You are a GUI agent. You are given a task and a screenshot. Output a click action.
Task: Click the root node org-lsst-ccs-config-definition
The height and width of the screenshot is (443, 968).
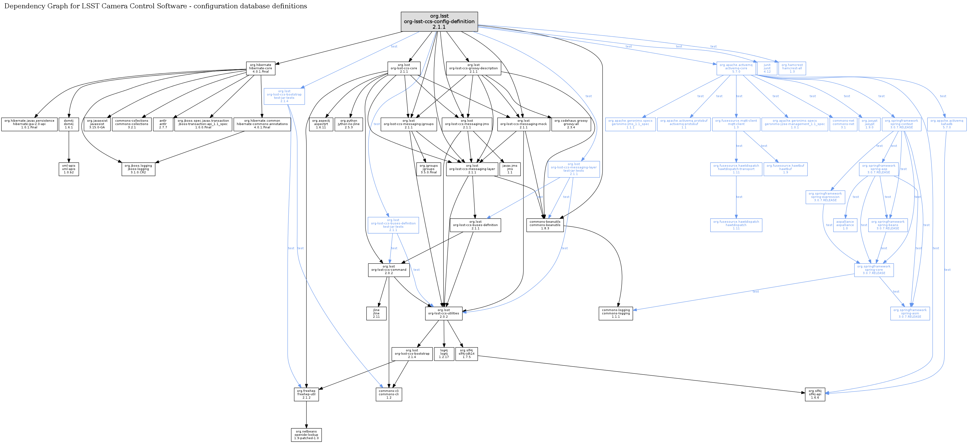[439, 22]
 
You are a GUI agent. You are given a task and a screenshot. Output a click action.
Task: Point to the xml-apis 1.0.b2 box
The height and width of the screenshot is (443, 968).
[69, 169]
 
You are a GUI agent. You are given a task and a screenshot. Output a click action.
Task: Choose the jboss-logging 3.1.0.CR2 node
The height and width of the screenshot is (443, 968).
[138, 169]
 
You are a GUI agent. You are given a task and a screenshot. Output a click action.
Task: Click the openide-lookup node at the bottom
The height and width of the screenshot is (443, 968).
[306, 435]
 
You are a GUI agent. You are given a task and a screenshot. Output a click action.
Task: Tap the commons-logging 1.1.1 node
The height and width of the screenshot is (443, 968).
[615, 314]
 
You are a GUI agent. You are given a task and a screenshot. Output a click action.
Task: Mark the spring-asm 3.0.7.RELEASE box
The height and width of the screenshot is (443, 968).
[910, 314]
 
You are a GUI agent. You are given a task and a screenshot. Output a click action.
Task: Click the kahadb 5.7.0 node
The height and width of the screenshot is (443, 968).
[946, 124]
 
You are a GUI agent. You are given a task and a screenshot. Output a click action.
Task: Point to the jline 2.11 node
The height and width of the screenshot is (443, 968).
[376, 314]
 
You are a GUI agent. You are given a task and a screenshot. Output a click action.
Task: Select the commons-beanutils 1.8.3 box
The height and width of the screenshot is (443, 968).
[545, 225]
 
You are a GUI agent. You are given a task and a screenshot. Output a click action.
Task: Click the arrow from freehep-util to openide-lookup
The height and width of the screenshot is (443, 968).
[306, 415]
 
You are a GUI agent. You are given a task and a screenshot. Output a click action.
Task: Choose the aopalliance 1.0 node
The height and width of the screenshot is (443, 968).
[845, 225]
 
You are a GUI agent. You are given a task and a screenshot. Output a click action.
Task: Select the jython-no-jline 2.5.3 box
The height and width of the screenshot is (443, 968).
[348, 124]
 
